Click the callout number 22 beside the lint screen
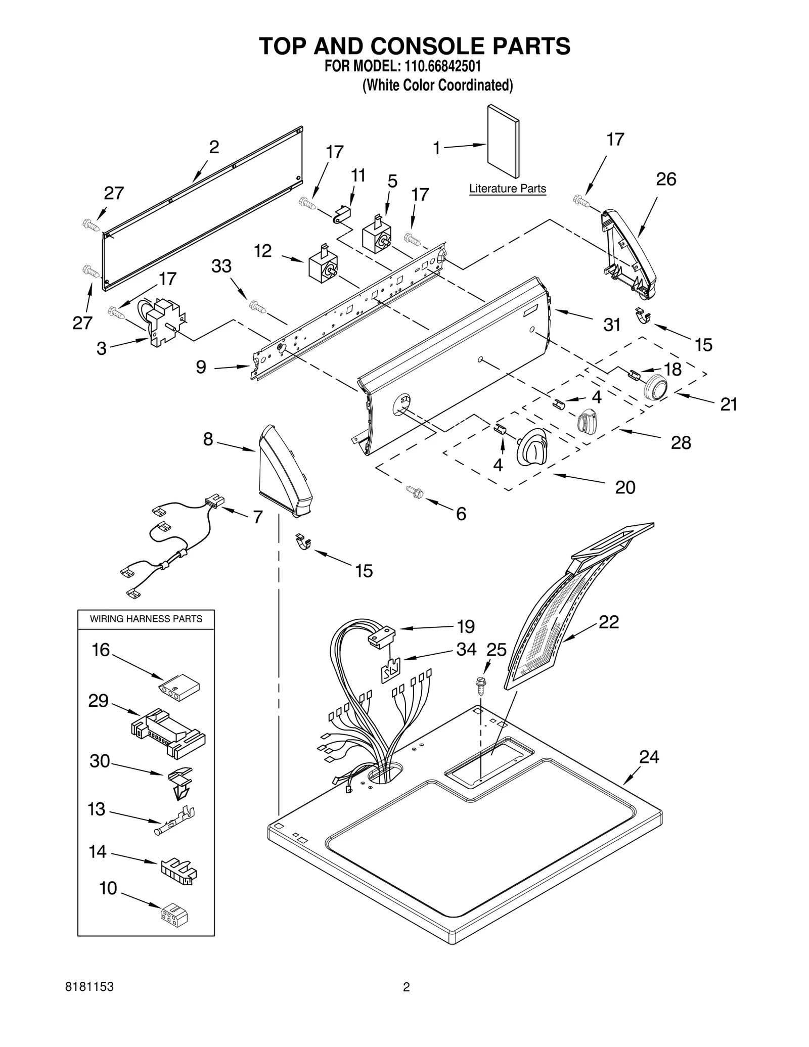click(608, 622)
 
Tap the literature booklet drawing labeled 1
click(503, 142)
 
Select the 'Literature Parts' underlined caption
click(507, 189)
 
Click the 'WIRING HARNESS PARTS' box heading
click(146, 619)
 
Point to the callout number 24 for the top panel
click(649, 757)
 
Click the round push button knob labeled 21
click(655, 388)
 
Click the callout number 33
click(221, 266)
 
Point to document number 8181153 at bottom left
click(89, 1000)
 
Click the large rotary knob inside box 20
click(531, 447)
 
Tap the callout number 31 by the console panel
click(611, 325)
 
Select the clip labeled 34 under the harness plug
click(390, 670)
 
